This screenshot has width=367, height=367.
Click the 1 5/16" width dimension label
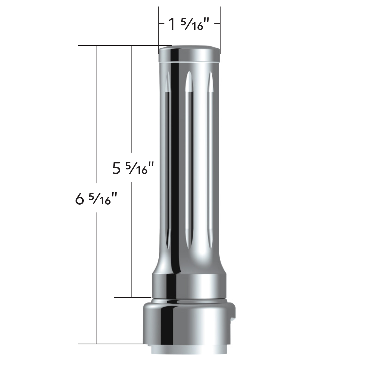point(186,24)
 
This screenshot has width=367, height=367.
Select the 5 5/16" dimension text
point(132,168)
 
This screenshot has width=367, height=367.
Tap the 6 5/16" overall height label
point(96,199)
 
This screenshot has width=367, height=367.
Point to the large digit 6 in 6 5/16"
point(79,199)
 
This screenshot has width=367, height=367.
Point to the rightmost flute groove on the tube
point(210,159)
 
